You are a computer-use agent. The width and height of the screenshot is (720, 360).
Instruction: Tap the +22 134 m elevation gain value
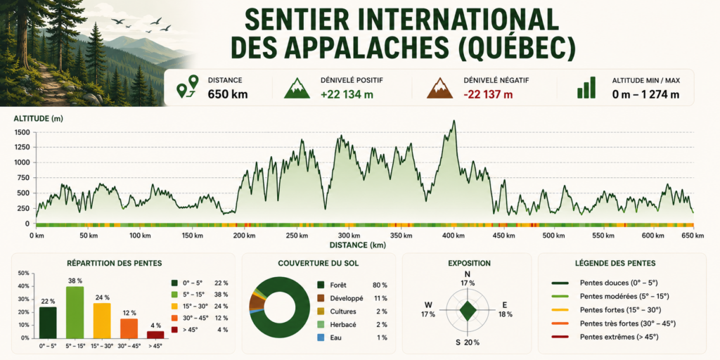tap(347, 95)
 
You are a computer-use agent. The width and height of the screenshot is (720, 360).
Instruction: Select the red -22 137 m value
tap(488, 95)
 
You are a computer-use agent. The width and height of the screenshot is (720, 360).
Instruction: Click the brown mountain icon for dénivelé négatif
tap(439, 88)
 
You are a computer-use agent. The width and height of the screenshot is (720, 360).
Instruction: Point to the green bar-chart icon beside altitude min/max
tap(586, 88)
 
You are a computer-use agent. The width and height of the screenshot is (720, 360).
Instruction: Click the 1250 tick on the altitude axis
tap(22, 148)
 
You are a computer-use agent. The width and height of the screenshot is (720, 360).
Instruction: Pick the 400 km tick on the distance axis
tap(454, 236)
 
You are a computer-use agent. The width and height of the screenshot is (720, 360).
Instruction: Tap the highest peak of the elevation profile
tap(454, 121)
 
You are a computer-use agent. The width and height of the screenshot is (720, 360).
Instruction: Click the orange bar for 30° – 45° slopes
tap(129, 328)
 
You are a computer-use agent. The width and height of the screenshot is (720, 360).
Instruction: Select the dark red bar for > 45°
tap(155, 334)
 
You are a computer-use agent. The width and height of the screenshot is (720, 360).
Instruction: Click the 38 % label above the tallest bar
tap(75, 281)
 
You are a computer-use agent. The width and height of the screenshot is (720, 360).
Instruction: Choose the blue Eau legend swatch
tap(321, 337)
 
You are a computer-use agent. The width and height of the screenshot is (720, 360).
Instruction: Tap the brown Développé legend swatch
tap(321, 298)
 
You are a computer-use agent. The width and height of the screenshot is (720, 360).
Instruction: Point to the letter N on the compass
tap(468, 275)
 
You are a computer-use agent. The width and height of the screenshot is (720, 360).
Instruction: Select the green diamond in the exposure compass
tap(468, 311)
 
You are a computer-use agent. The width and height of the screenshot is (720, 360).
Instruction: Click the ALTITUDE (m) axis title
tap(39, 119)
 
